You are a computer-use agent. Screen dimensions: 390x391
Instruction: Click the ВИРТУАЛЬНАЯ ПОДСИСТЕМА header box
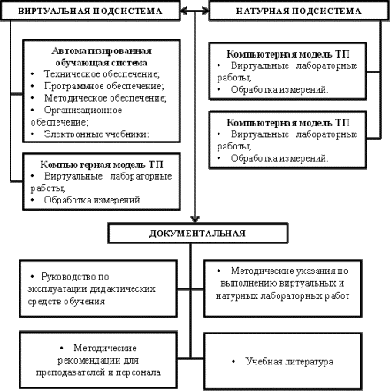(90, 11)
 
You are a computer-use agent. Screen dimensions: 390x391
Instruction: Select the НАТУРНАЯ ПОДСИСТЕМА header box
(299, 11)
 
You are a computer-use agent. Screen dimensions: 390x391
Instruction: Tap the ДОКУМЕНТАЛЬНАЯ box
(197, 233)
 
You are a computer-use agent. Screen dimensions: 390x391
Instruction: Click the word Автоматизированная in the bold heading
(102, 50)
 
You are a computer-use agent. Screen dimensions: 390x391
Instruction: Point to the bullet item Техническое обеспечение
(102, 73)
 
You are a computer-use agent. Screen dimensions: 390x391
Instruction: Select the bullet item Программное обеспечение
(104, 86)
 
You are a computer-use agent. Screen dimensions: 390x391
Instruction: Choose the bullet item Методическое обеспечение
(105, 98)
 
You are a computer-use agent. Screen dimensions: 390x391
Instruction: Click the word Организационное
(83, 111)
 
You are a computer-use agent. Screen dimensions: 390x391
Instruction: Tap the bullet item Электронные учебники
(96, 134)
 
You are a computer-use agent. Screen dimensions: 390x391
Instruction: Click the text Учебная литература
(289, 362)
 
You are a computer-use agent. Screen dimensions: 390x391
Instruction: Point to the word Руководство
(67, 277)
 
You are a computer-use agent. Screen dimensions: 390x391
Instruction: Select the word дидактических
(123, 288)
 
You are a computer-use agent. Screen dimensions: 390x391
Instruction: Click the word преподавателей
(71, 372)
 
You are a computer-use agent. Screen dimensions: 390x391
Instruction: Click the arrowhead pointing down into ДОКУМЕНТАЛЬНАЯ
(195, 219)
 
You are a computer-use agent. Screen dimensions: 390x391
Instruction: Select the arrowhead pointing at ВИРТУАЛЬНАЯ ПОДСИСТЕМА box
(184, 11)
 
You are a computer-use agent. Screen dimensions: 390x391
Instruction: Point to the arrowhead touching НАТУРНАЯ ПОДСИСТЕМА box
(205, 11)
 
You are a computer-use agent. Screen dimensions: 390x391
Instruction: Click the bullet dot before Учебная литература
(233, 361)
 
